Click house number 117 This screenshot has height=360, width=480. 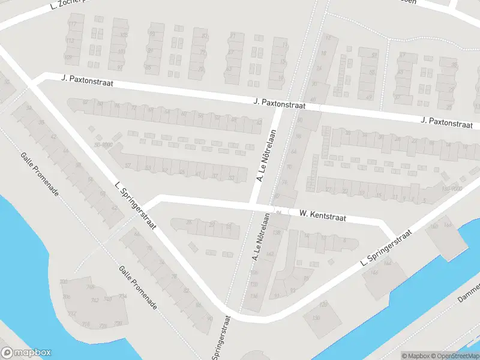tap(74, 24)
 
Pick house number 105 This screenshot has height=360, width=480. tap(124, 35)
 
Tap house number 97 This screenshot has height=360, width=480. tap(119, 67)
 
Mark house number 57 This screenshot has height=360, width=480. tap(128, 166)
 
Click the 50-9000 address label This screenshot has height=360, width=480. tap(103, 145)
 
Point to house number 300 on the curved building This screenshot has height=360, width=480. tap(64, 282)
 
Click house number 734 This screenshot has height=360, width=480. tap(122, 296)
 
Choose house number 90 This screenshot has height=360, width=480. tap(209, 319)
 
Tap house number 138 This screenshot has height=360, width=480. tap(277, 232)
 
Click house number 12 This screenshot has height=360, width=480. tap(328, 37)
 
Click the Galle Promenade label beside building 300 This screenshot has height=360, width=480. tap(137, 288)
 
